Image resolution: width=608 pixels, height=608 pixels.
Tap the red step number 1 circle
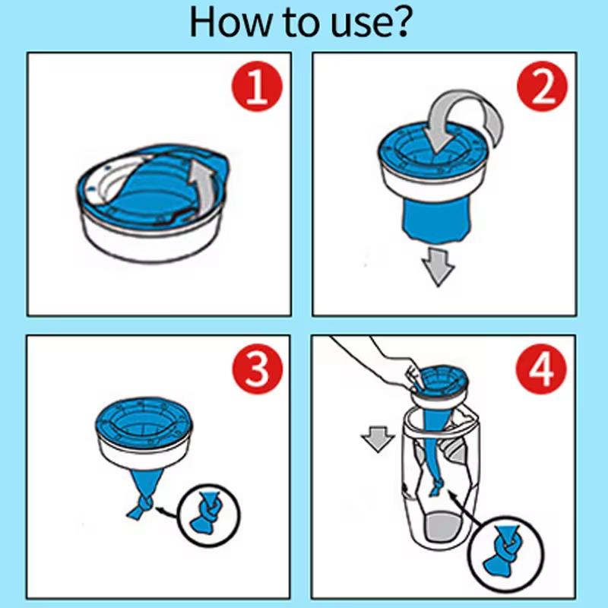tap(255, 88)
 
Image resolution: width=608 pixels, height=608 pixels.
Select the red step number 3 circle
tap(255, 372)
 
